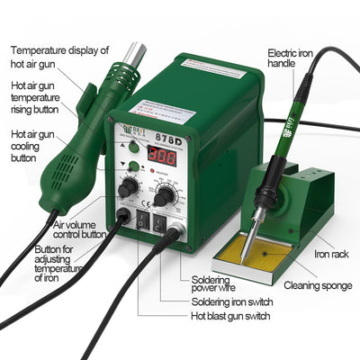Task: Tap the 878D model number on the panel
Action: (166, 129)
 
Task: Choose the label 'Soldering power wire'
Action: (220, 284)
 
